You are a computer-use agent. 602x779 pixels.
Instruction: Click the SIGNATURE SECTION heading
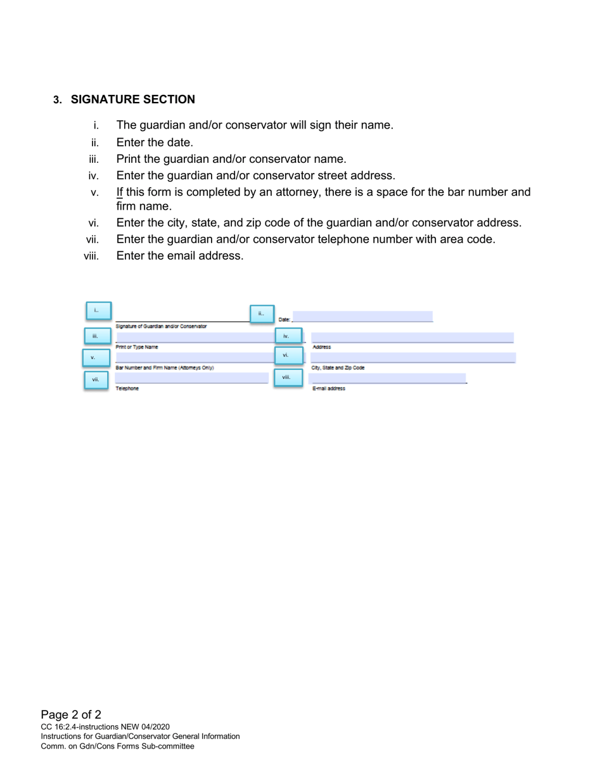pyautogui.click(x=132, y=99)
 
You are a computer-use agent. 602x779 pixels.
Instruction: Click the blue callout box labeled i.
pyautogui.click(x=98, y=311)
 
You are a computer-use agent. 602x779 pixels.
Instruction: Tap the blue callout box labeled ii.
pyautogui.click(x=262, y=313)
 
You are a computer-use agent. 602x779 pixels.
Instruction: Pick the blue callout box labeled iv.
pyautogui.click(x=288, y=336)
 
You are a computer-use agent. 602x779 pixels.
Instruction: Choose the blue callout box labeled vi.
pyautogui.click(x=288, y=356)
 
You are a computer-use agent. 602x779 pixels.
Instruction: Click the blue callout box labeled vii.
pyautogui.click(x=96, y=380)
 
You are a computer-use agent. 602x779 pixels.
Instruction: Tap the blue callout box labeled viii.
pyautogui.click(x=288, y=378)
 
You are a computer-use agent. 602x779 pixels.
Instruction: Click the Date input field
pyautogui.click(x=362, y=317)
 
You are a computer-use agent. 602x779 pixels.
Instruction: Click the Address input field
pyautogui.click(x=412, y=338)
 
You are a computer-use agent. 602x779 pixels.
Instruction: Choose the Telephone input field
pyautogui.click(x=191, y=378)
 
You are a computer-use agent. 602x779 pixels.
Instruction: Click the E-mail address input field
pyautogui.click(x=387, y=378)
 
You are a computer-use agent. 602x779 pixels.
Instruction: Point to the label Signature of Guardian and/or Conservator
pyautogui.click(x=161, y=326)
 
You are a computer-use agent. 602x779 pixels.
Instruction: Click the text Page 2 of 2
pyautogui.click(x=71, y=715)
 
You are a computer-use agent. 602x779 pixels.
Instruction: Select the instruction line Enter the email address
pyautogui.click(x=180, y=256)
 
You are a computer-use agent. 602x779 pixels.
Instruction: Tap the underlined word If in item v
pyautogui.click(x=120, y=192)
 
